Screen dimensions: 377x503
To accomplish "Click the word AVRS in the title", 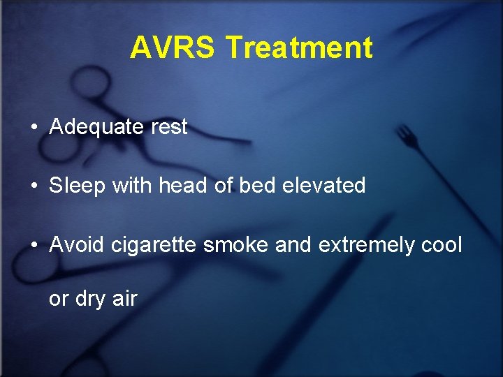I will (174, 48).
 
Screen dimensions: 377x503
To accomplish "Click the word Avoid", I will (73, 245).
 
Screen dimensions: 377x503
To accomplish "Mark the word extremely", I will (366, 245).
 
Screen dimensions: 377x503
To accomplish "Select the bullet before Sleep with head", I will (34, 186).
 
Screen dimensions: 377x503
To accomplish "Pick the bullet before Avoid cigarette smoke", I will (34, 246).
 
